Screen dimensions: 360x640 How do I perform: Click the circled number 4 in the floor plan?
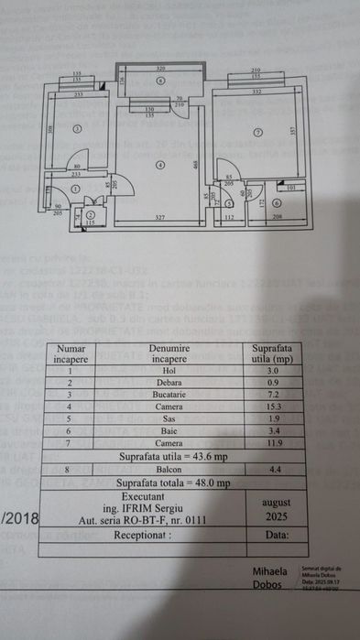[x=159, y=165]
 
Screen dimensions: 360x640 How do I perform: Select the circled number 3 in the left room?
[x=78, y=128]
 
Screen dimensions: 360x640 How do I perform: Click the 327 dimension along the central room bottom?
[x=159, y=217]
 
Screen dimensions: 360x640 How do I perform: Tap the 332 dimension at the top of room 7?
[x=256, y=92]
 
